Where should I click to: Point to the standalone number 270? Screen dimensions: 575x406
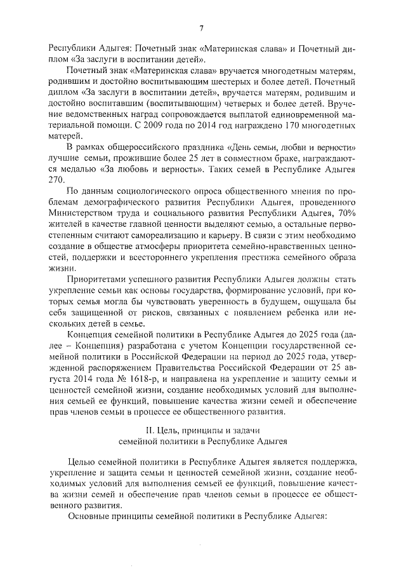pos(56,180)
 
